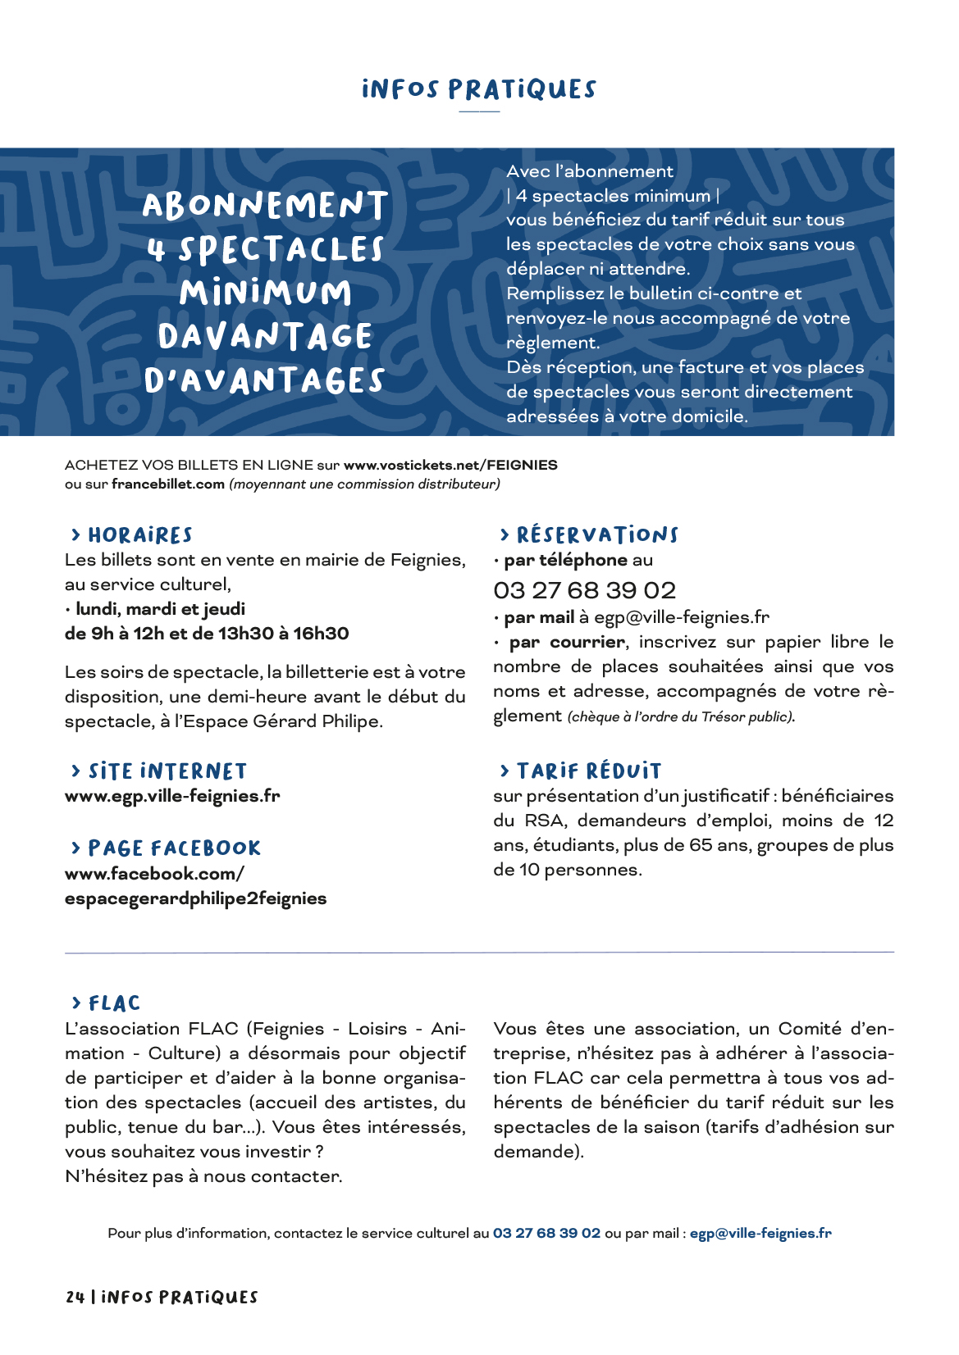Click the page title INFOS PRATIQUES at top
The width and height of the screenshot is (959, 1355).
point(479,89)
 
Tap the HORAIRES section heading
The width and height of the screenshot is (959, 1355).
point(139,535)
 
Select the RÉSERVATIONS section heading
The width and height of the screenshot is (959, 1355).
point(597,535)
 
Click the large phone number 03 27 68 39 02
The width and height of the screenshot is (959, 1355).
point(584,590)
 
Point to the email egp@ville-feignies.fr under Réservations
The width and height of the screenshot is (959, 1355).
point(682,617)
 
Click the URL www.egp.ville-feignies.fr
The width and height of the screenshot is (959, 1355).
point(172,796)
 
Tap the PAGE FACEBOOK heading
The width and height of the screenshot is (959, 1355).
point(174,848)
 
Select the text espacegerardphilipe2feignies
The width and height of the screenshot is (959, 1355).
point(195,898)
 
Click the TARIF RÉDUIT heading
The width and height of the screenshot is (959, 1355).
point(588,771)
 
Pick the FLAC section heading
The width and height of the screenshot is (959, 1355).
point(114,1003)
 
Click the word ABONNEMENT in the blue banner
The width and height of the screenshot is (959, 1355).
point(265,206)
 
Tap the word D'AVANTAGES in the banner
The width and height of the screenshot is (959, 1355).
point(264,381)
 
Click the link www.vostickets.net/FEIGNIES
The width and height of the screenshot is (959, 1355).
point(450,465)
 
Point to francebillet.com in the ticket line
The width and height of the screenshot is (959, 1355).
point(168,484)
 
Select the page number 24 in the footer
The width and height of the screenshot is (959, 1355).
point(75,1297)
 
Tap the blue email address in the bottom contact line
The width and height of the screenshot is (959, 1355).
point(760,1233)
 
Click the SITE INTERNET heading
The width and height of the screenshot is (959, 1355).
point(167,771)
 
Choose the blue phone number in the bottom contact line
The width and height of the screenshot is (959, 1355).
point(546,1233)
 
